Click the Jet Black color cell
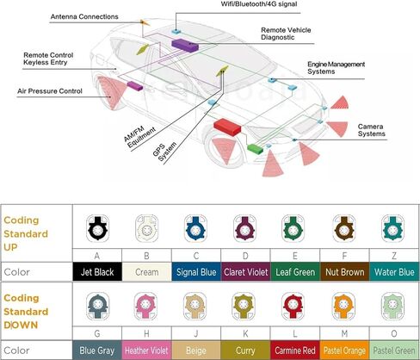coord(97,271)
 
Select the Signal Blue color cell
coord(196,271)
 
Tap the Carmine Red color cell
coord(295,351)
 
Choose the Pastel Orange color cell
coord(344,351)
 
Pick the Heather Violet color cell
coord(146,351)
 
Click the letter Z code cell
coord(394,256)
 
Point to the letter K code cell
coord(245,333)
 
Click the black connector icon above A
coord(97,228)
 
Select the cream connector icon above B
coord(146,228)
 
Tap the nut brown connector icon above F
coord(344,228)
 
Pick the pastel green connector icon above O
coord(392,307)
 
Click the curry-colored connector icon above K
coord(244,307)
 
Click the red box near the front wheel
coord(227,127)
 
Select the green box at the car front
coord(256,148)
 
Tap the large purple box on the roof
coord(185,46)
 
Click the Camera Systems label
coord(372,130)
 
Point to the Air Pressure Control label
coord(50,91)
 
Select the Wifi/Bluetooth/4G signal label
coord(259,4)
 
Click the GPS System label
coord(164,152)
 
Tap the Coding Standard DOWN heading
coord(26,312)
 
